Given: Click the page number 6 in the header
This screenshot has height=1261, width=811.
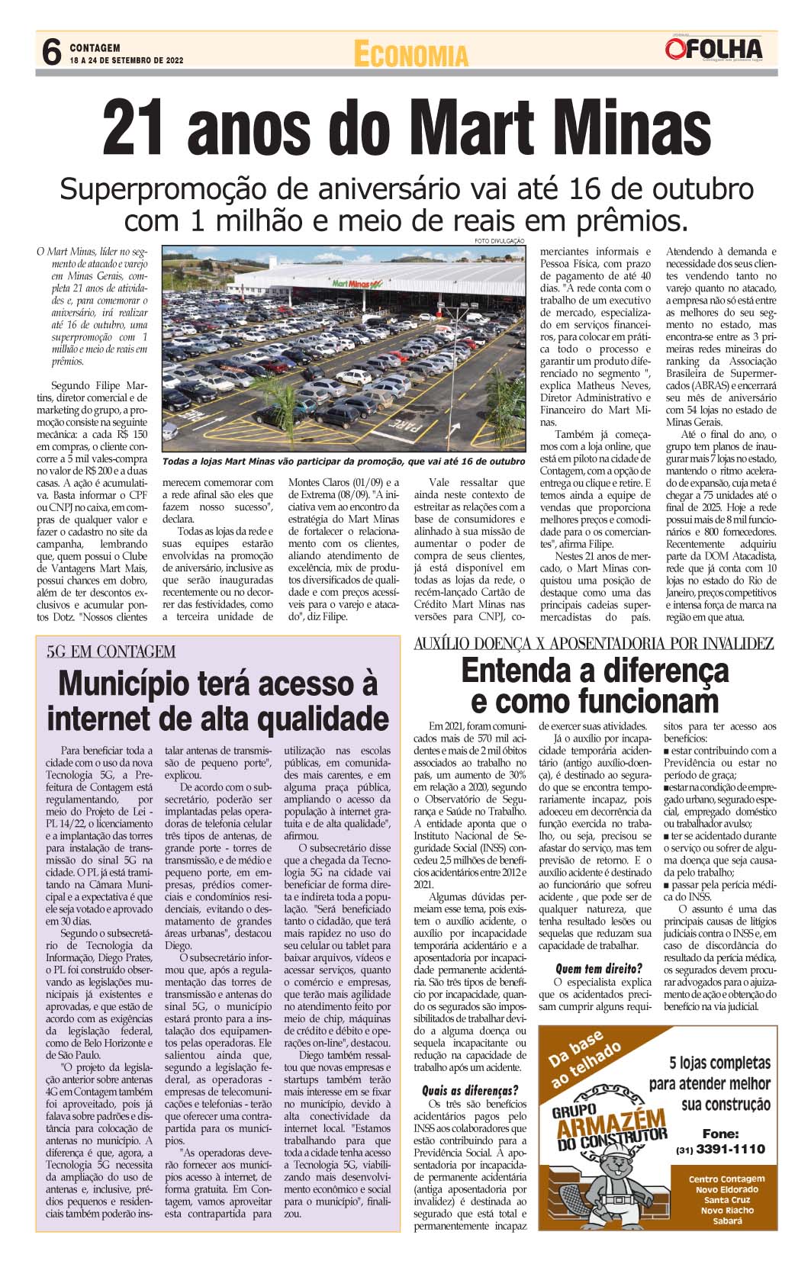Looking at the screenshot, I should point(51,53).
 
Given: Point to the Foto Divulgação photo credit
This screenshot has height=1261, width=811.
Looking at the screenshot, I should point(500,240).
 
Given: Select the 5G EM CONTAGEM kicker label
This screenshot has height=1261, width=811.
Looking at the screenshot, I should point(111,651).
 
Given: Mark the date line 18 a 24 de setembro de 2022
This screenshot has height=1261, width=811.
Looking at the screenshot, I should point(126,60).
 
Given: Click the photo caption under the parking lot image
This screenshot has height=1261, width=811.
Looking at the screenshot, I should point(343,462).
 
